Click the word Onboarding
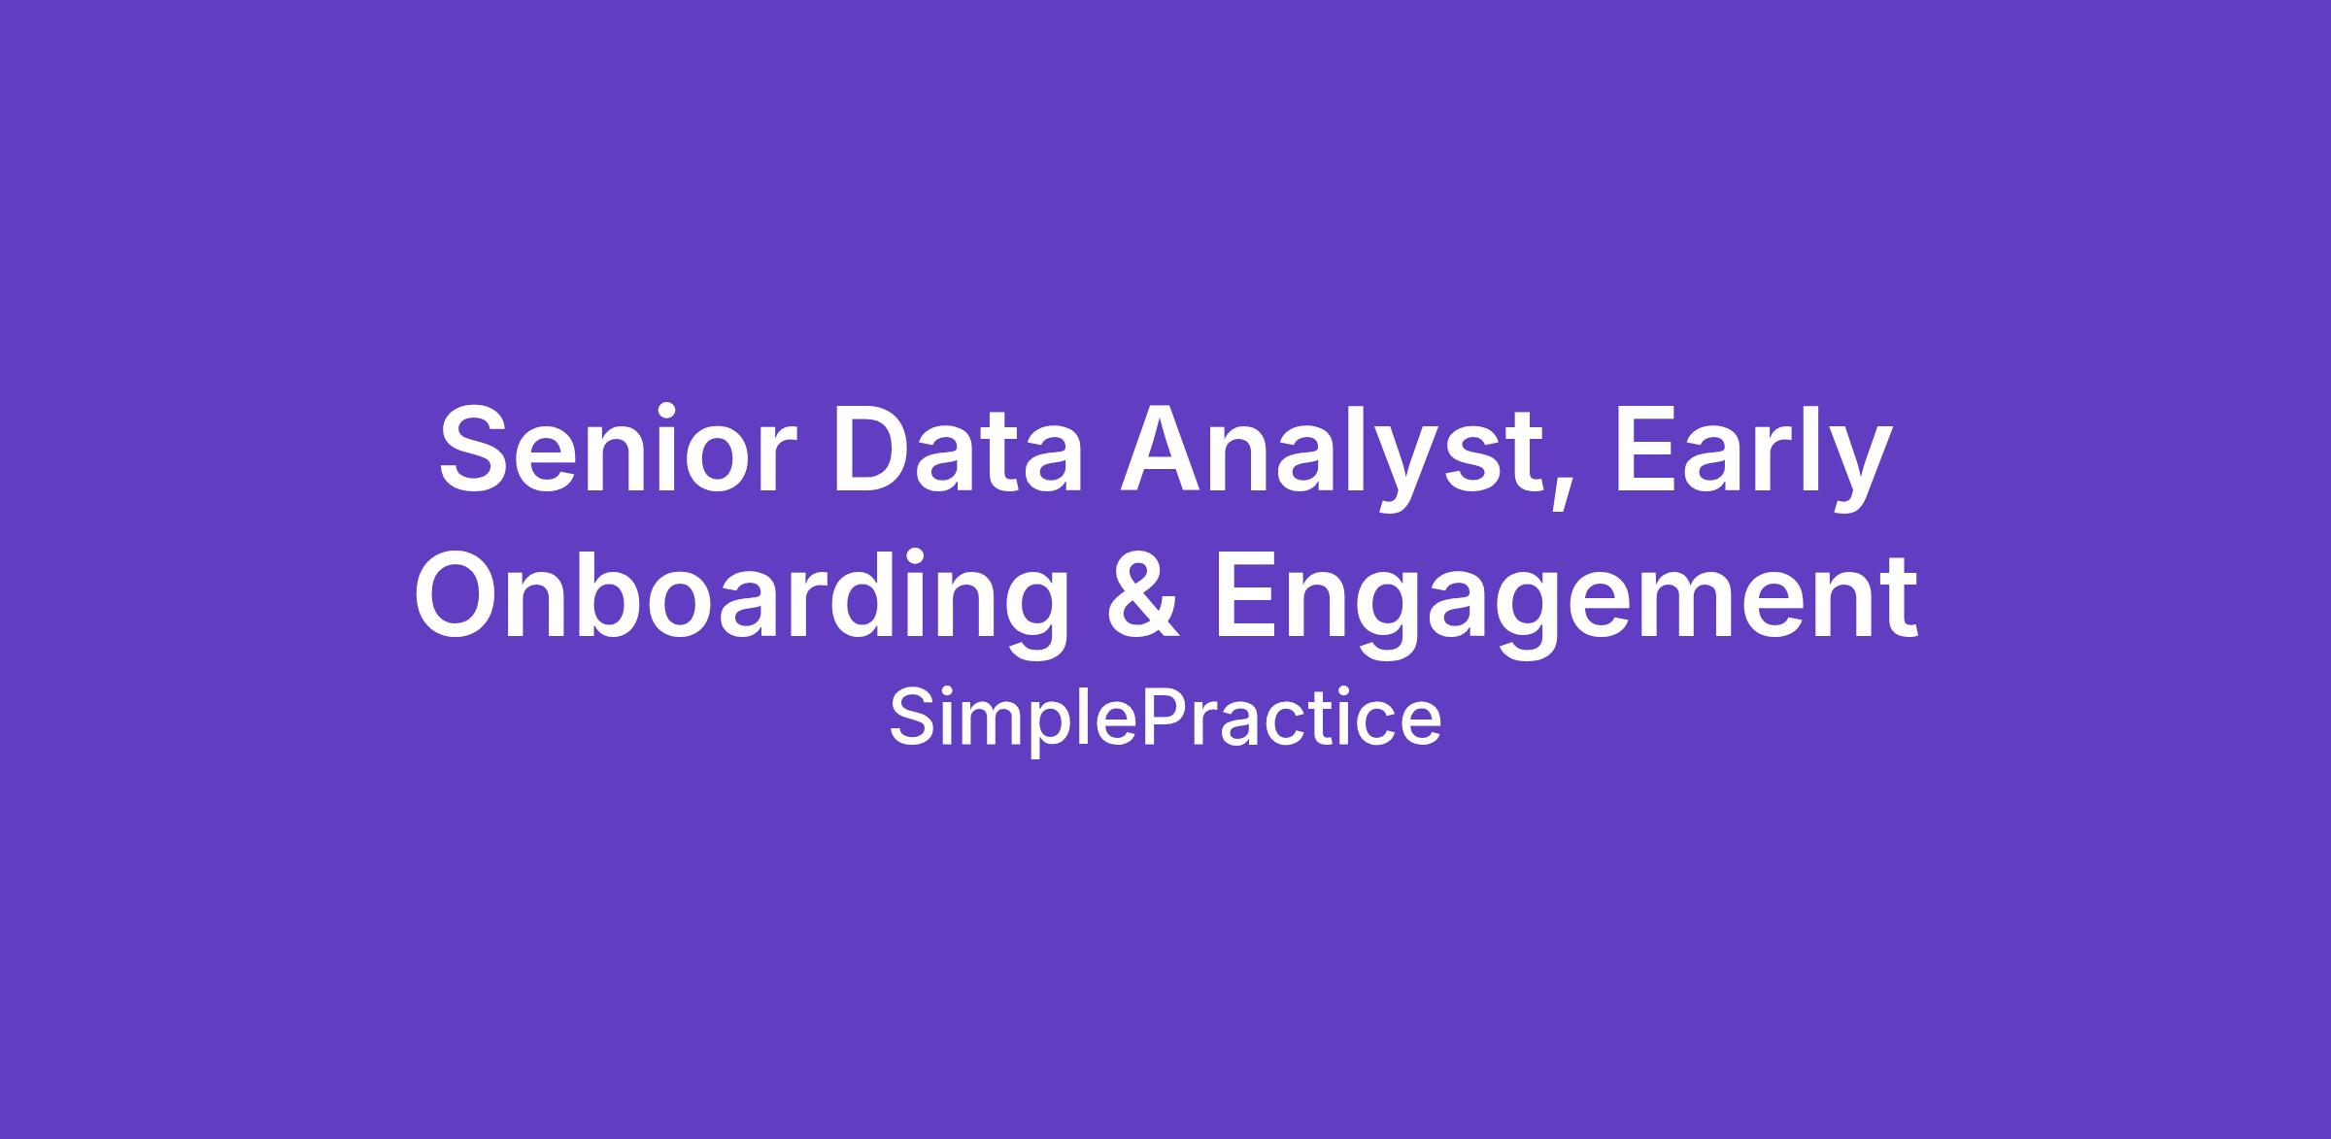click(x=740, y=602)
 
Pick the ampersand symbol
click(x=1142, y=594)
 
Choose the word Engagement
click(x=1566, y=602)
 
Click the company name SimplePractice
click(x=1165, y=718)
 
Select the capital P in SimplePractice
click(x=1156, y=717)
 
